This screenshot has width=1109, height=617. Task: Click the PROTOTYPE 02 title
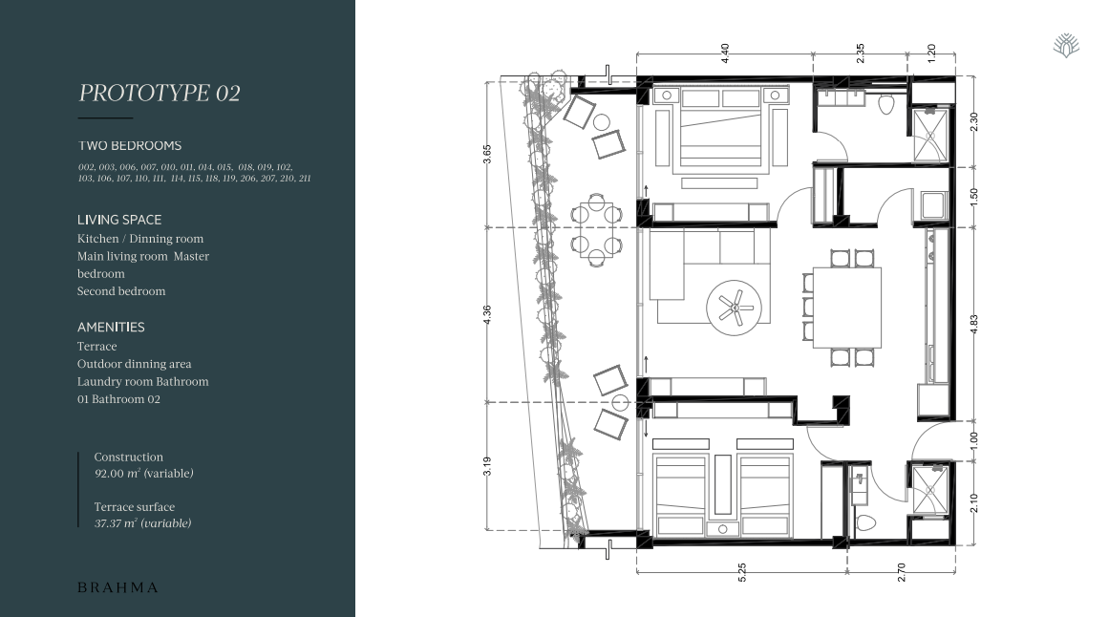pos(160,93)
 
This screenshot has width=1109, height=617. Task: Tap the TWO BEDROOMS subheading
pos(129,146)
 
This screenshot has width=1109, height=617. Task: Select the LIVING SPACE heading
pos(119,220)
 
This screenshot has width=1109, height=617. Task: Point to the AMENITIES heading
pos(111,327)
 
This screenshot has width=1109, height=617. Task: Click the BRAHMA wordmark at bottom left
pos(117,587)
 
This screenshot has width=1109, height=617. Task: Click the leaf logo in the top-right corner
pos(1066,45)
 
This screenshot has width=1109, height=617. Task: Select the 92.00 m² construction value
pos(143,474)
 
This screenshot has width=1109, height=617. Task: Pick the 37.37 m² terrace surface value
pos(143,523)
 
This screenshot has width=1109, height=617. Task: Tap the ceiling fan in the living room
pos(735,308)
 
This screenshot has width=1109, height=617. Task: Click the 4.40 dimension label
pos(725,53)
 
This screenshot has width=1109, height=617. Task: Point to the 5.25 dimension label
pos(742,572)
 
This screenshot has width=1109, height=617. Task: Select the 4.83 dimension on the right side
pos(974,325)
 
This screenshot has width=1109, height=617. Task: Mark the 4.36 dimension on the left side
pos(486,315)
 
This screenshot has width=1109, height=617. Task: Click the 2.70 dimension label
pos(901,572)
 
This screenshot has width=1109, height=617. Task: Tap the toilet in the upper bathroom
pos(886,105)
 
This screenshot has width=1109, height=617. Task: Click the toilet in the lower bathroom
pos(865,523)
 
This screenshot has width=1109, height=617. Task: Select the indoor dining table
pos(846,308)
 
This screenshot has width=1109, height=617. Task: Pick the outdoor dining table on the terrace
pos(596,230)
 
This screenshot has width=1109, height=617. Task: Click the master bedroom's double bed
pos(721,130)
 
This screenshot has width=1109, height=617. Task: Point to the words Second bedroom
pos(121,291)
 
